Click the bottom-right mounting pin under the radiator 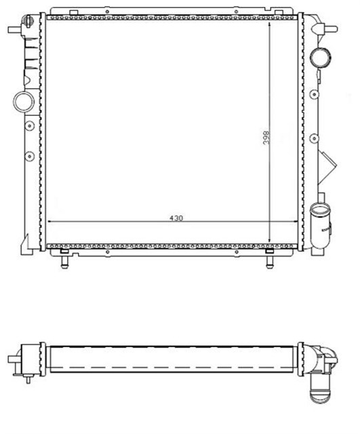coord(270,258)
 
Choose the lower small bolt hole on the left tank coord(28,157)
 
